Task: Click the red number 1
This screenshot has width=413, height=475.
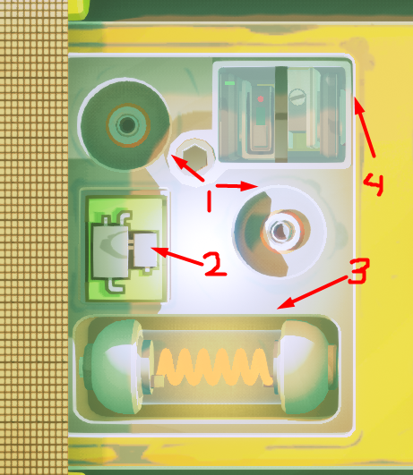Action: click(x=209, y=201)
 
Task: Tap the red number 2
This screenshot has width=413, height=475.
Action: click(x=215, y=264)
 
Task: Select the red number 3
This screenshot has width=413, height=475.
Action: click(x=358, y=271)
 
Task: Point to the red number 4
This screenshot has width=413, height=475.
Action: click(x=374, y=184)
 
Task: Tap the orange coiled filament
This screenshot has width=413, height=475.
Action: click(x=213, y=367)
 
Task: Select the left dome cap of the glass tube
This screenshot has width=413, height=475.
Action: click(x=116, y=367)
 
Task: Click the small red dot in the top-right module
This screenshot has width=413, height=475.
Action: click(x=261, y=99)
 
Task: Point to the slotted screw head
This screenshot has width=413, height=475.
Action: click(x=297, y=97)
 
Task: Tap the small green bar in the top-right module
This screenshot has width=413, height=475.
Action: click(x=229, y=83)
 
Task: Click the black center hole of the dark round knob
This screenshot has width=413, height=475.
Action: click(x=127, y=124)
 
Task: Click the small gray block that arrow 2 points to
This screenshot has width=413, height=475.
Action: click(x=146, y=250)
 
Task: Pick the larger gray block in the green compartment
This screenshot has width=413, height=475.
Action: click(x=110, y=252)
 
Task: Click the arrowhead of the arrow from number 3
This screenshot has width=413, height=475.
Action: click(x=285, y=303)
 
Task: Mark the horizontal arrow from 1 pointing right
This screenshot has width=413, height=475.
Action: click(x=237, y=186)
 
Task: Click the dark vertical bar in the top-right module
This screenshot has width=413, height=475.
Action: click(x=281, y=115)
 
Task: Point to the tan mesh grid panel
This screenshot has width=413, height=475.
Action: click(x=34, y=238)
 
